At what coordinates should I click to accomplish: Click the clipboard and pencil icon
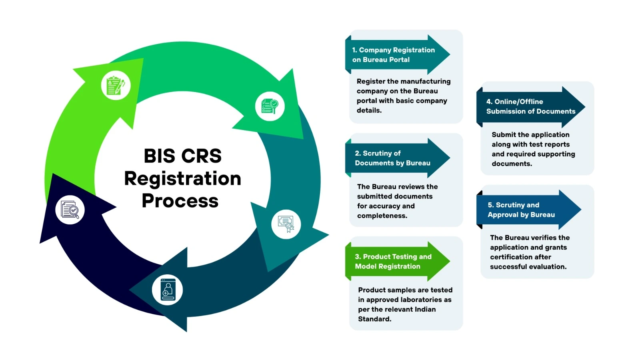[116, 86]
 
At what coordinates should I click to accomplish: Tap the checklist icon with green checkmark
[270, 106]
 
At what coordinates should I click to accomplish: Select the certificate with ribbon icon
[286, 224]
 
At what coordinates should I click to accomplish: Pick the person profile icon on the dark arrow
[168, 290]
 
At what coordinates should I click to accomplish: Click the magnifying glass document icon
[70, 210]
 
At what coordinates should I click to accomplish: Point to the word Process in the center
[180, 200]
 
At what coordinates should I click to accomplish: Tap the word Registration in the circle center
[182, 178]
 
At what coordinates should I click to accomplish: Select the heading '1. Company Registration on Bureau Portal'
[393, 55]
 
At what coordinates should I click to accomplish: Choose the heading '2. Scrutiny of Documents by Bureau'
[392, 158]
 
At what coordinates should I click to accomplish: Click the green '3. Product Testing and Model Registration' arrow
[393, 262]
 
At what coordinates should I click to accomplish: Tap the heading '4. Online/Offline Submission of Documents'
[530, 106]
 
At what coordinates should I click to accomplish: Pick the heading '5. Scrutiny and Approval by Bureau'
[521, 210]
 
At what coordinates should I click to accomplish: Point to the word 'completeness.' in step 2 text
[382, 216]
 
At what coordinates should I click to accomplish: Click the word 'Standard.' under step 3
[374, 319]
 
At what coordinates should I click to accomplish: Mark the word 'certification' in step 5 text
[520, 257]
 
